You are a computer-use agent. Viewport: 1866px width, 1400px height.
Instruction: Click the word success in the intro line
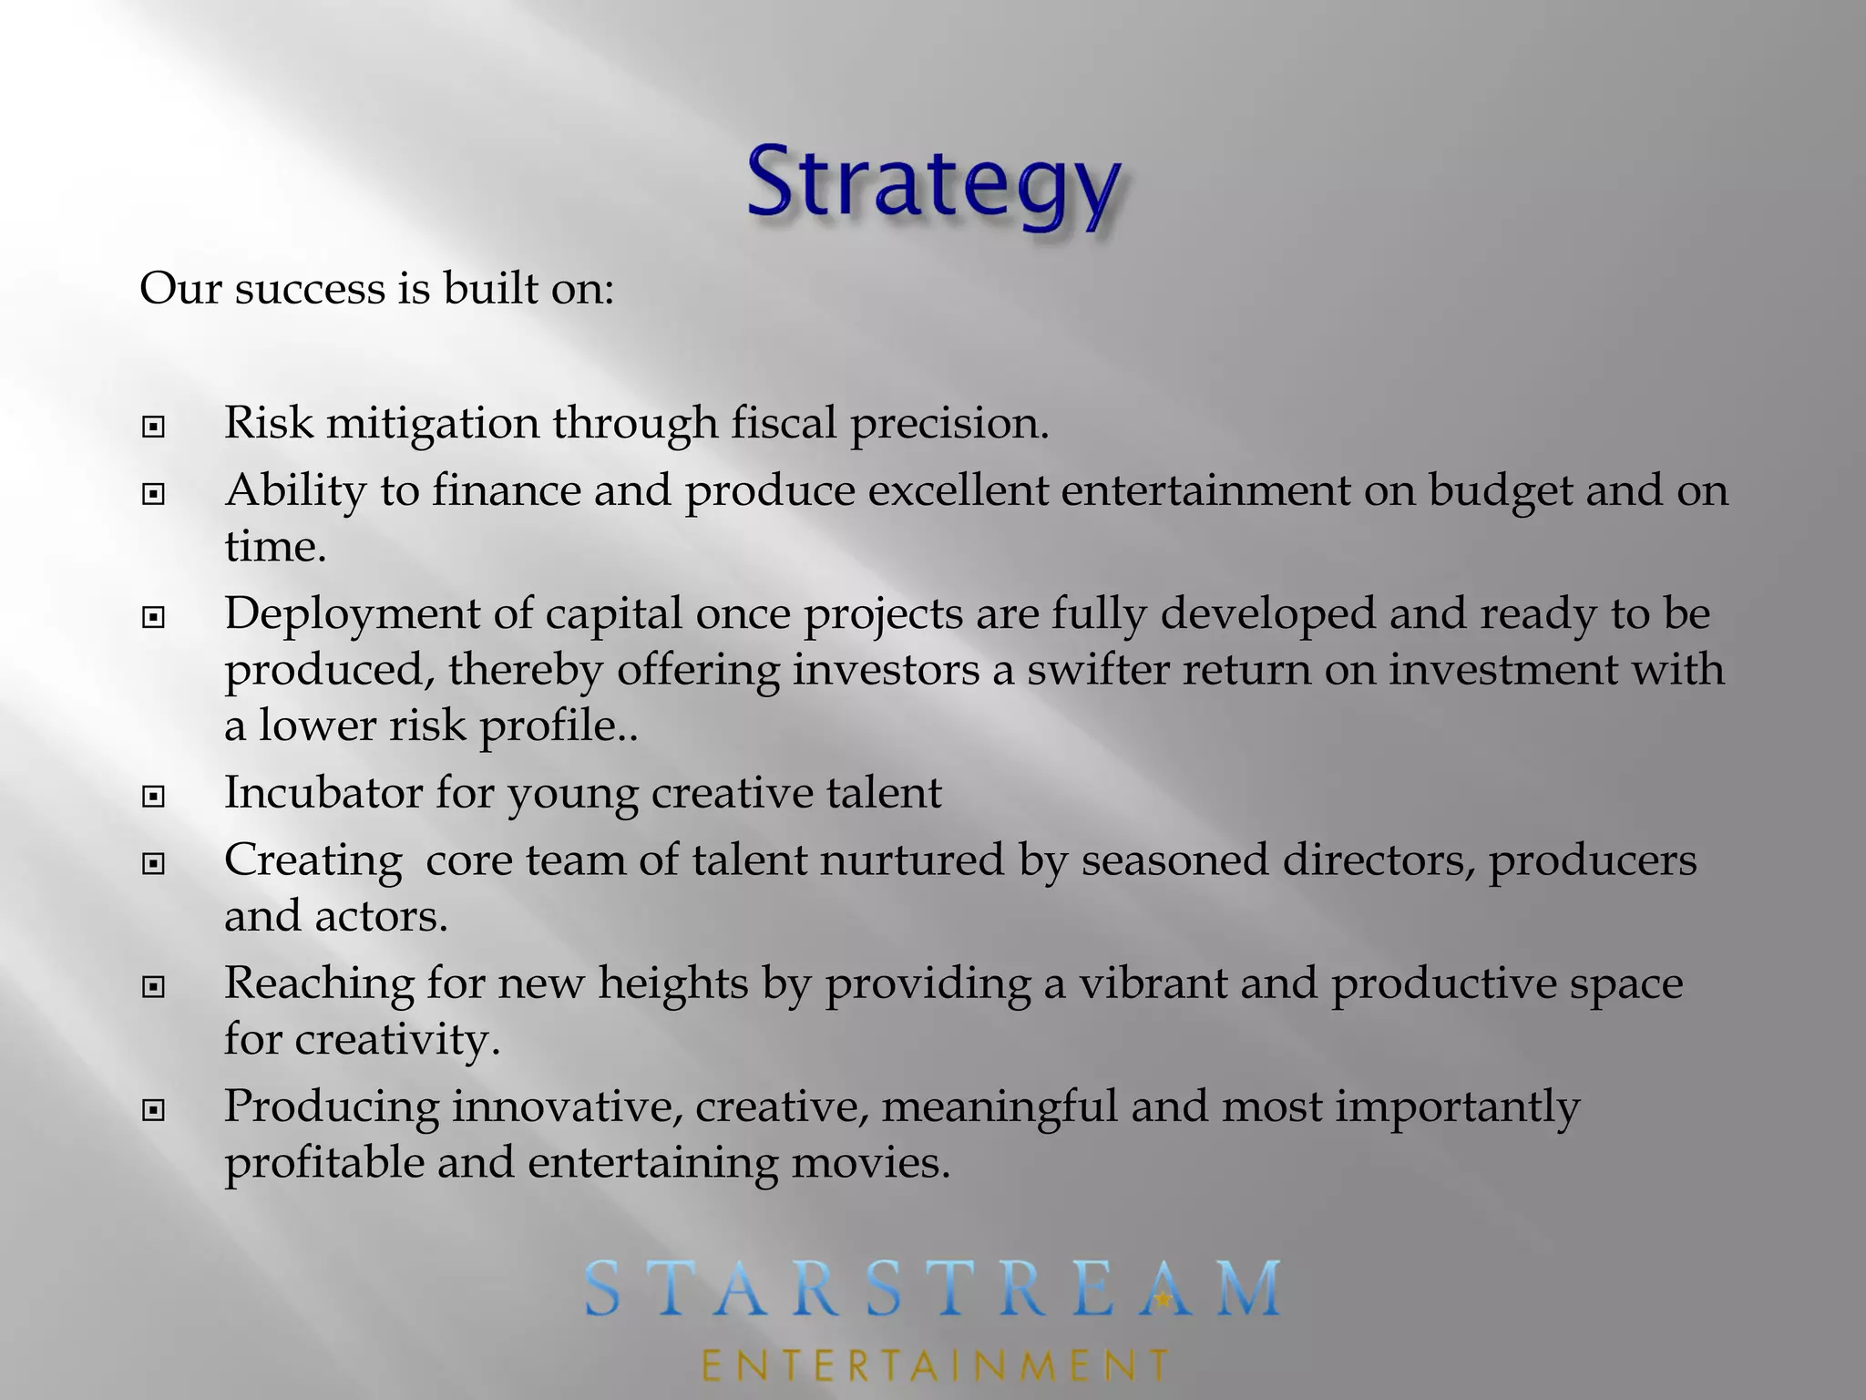click(310, 289)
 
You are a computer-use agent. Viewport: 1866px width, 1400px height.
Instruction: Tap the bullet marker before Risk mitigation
click(154, 427)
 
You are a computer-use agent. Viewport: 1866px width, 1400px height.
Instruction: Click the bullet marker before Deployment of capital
click(154, 618)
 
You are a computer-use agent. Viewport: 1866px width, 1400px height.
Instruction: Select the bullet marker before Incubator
click(154, 798)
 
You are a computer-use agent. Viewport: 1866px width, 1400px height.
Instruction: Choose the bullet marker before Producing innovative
click(154, 1110)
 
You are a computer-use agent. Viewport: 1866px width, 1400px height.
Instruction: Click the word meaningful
click(999, 1107)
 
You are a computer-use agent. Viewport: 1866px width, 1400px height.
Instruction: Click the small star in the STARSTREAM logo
click(1164, 1298)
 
